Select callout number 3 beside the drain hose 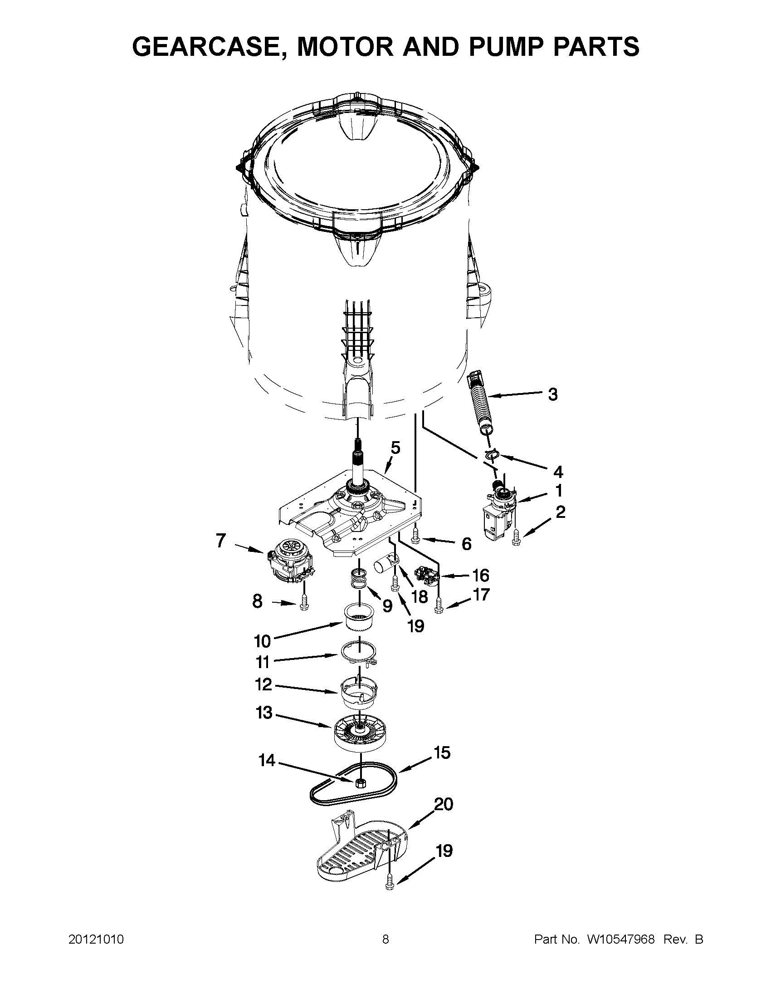coord(552,394)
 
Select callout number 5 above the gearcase coord(395,448)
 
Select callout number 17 coord(481,595)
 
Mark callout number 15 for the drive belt coord(441,753)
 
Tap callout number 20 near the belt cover coord(443,804)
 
